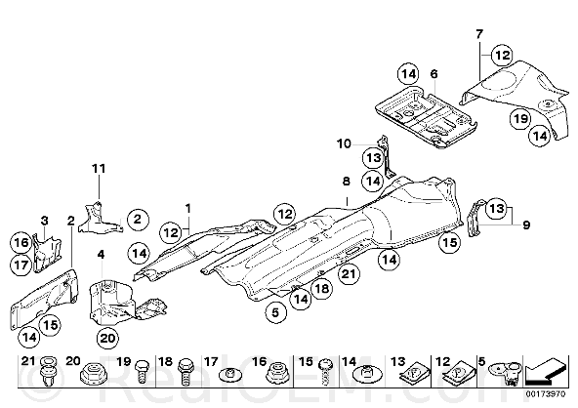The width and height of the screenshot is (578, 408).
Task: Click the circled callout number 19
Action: [x=520, y=119]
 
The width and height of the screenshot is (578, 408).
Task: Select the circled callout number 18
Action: [x=322, y=288]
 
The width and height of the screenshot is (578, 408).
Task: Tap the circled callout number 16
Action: [x=21, y=242]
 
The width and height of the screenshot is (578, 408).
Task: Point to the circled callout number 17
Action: [x=21, y=265]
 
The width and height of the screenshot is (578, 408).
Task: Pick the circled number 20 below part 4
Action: [x=107, y=338]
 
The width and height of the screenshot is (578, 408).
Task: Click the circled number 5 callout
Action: [x=275, y=312]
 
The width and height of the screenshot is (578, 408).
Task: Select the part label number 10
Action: [x=344, y=143]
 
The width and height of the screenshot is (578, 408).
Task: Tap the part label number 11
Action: [x=99, y=169]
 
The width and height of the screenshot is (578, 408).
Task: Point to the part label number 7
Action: [x=478, y=34]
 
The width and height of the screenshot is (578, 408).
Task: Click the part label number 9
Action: [x=526, y=224]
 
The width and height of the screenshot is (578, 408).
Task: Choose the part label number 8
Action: [x=347, y=182]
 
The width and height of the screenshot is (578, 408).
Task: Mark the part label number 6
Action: [x=433, y=74]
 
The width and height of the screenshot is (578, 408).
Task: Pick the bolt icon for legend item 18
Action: [x=185, y=371]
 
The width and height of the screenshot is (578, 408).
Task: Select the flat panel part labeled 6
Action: [x=426, y=116]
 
